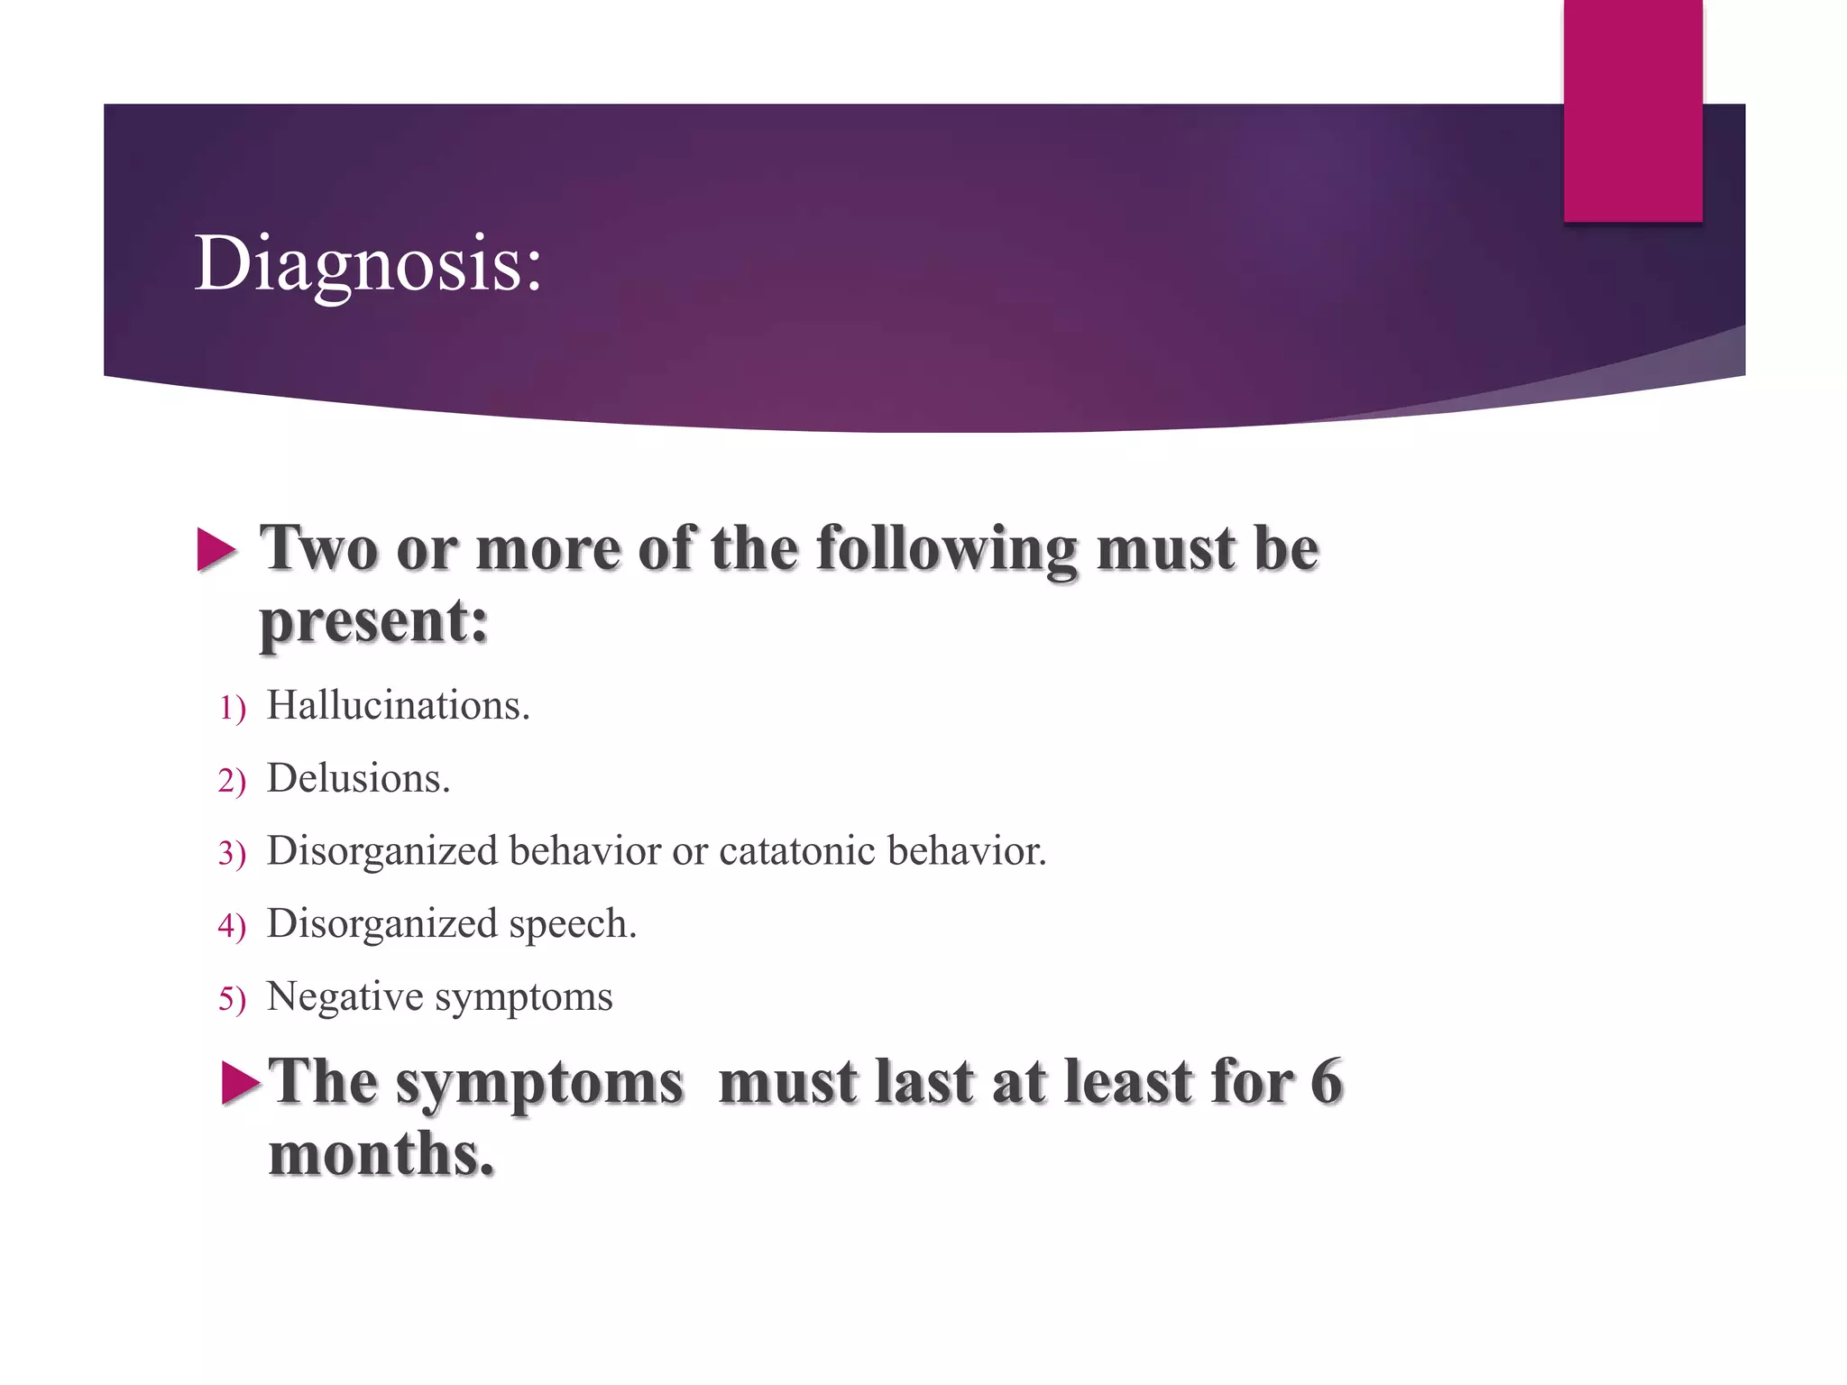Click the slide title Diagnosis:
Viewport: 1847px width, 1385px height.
[368, 263]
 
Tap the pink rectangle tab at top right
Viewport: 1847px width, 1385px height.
[1632, 110]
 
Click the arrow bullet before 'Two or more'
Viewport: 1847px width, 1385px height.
[216, 550]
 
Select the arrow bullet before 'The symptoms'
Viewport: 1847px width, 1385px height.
[241, 1083]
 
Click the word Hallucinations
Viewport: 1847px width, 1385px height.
[398, 706]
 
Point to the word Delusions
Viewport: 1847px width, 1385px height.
[358, 779]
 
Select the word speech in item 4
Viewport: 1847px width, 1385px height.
[573, 924]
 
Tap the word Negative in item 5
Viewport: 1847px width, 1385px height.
[345, 997]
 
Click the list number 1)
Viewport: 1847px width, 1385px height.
[232, 709]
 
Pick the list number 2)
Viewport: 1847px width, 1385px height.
[232, 782]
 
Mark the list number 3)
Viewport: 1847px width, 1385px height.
[232, 854]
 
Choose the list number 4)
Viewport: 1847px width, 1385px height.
[232, 927]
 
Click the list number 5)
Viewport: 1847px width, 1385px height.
[232, 1000]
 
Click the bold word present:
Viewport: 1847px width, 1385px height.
[373, 622]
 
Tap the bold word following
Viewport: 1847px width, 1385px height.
[946, 550]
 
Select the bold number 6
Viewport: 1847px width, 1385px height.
[1326, 1081]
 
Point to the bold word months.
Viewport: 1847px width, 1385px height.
[381, 1154]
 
